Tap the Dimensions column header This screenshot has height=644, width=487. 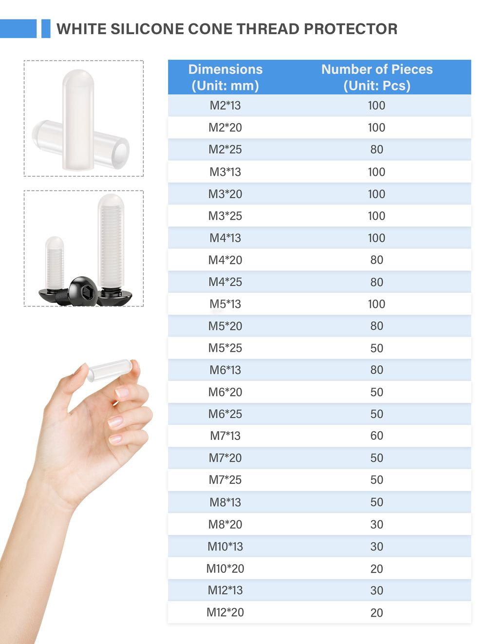225,77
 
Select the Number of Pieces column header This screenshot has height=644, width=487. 377,77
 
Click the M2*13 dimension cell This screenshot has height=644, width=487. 225,105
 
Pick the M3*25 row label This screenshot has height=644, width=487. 225,216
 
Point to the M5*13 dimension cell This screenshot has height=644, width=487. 225,304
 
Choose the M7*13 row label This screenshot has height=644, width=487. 225,436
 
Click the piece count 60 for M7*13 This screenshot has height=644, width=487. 377,436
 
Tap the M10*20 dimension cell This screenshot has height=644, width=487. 225,569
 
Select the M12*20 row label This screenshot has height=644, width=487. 225,612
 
